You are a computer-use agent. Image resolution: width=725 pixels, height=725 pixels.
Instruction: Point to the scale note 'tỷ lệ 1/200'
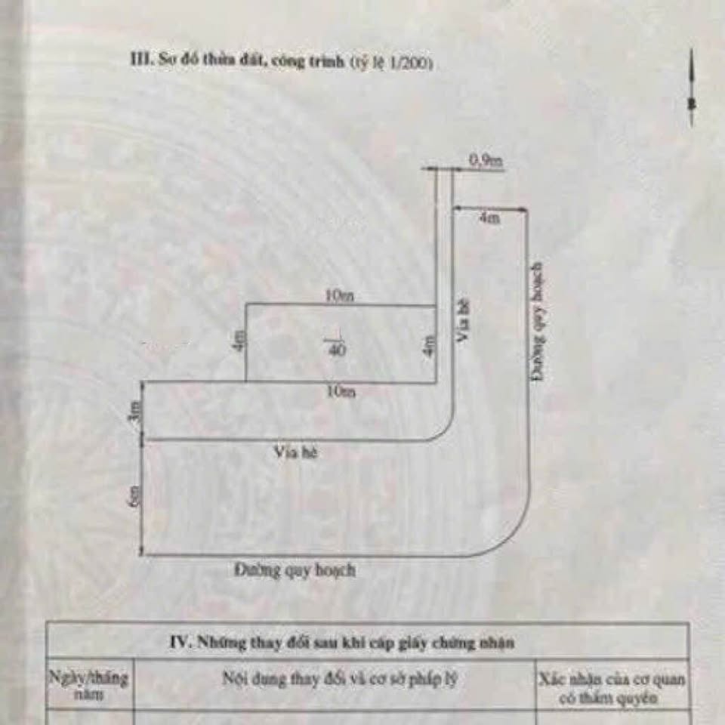point(391,64)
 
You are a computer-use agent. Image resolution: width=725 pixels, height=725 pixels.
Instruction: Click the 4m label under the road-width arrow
point(489,218)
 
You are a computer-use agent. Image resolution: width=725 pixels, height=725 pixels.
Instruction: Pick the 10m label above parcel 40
point(339,297)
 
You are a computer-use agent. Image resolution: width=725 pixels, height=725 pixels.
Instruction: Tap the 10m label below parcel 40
point(341,392)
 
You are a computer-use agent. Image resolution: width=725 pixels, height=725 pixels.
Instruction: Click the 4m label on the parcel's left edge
point(240,341)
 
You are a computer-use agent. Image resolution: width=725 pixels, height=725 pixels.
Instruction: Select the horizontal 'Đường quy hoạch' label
point(295,570)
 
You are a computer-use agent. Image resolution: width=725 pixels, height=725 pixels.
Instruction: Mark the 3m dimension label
point(137,416)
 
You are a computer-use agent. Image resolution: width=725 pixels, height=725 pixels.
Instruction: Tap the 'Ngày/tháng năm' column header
point(89,686)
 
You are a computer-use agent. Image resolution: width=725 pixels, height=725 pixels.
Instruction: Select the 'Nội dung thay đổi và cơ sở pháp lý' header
point(340,679)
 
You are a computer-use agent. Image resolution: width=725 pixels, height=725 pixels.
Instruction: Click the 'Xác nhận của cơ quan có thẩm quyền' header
point(612,688)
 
